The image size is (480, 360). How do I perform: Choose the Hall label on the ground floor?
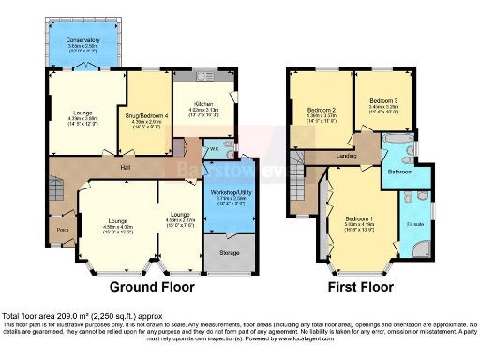click(x=124, y=169)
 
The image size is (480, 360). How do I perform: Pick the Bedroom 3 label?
click(x=383, y=100)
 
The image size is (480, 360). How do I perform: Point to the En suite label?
click(x=414, y=226)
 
